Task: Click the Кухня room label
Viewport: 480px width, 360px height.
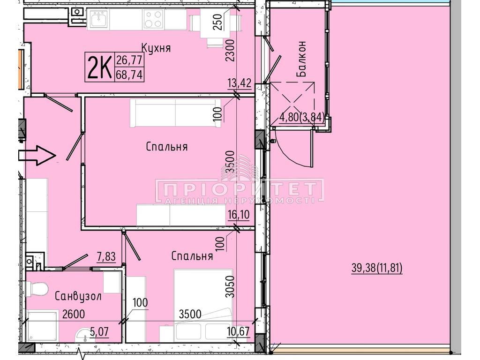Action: pos(156,48)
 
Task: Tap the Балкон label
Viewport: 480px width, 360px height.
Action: pos(301,59)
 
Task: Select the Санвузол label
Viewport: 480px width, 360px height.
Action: pos(78,296)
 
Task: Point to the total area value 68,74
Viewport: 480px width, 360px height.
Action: pos(129,75)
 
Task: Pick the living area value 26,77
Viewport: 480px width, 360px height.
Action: pos(129,60)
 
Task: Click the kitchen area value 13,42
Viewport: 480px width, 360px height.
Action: pos(240,83)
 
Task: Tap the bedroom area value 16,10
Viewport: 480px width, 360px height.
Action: pos(239,215)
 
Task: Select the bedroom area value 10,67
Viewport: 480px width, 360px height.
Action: pos(239,331)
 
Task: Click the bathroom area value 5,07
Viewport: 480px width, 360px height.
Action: pos(99,331)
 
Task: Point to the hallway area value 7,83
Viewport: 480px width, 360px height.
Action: pos(106,256)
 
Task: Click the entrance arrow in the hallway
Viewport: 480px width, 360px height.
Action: pos(37,156)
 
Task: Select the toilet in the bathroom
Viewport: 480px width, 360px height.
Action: pos(37,289)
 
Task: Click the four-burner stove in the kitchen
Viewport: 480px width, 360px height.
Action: pos(153,19)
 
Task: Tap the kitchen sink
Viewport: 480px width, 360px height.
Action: pos(98,19)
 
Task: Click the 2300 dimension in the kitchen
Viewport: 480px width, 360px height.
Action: pos(231,50)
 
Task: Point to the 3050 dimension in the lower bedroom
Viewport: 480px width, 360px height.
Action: pos(230,286)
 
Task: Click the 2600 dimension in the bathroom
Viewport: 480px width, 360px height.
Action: pos(74,314)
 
